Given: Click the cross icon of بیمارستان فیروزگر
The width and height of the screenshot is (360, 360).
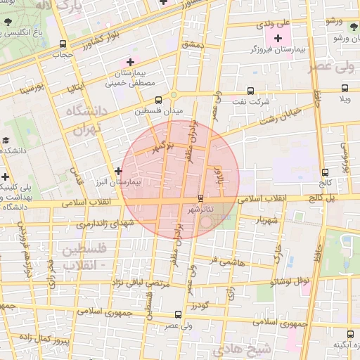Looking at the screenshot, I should (x=278, y=38).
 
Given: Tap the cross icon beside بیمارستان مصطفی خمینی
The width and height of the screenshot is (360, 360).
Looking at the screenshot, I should (x=130, y=63).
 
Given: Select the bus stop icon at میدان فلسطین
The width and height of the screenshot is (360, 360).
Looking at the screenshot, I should (x=157, y=100).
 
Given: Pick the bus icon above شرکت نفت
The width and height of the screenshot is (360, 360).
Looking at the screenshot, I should (x=251, y=90).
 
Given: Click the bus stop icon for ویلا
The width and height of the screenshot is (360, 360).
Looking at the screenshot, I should (x=345, y=89).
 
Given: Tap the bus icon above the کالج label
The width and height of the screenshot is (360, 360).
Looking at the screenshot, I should (x=325, y=172).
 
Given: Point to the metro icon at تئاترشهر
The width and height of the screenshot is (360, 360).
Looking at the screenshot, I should (x=202, y=198).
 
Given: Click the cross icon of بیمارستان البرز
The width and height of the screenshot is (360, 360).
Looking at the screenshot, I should (x=118, y=170).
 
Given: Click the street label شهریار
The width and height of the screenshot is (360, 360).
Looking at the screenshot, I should (x=272, y=220).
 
